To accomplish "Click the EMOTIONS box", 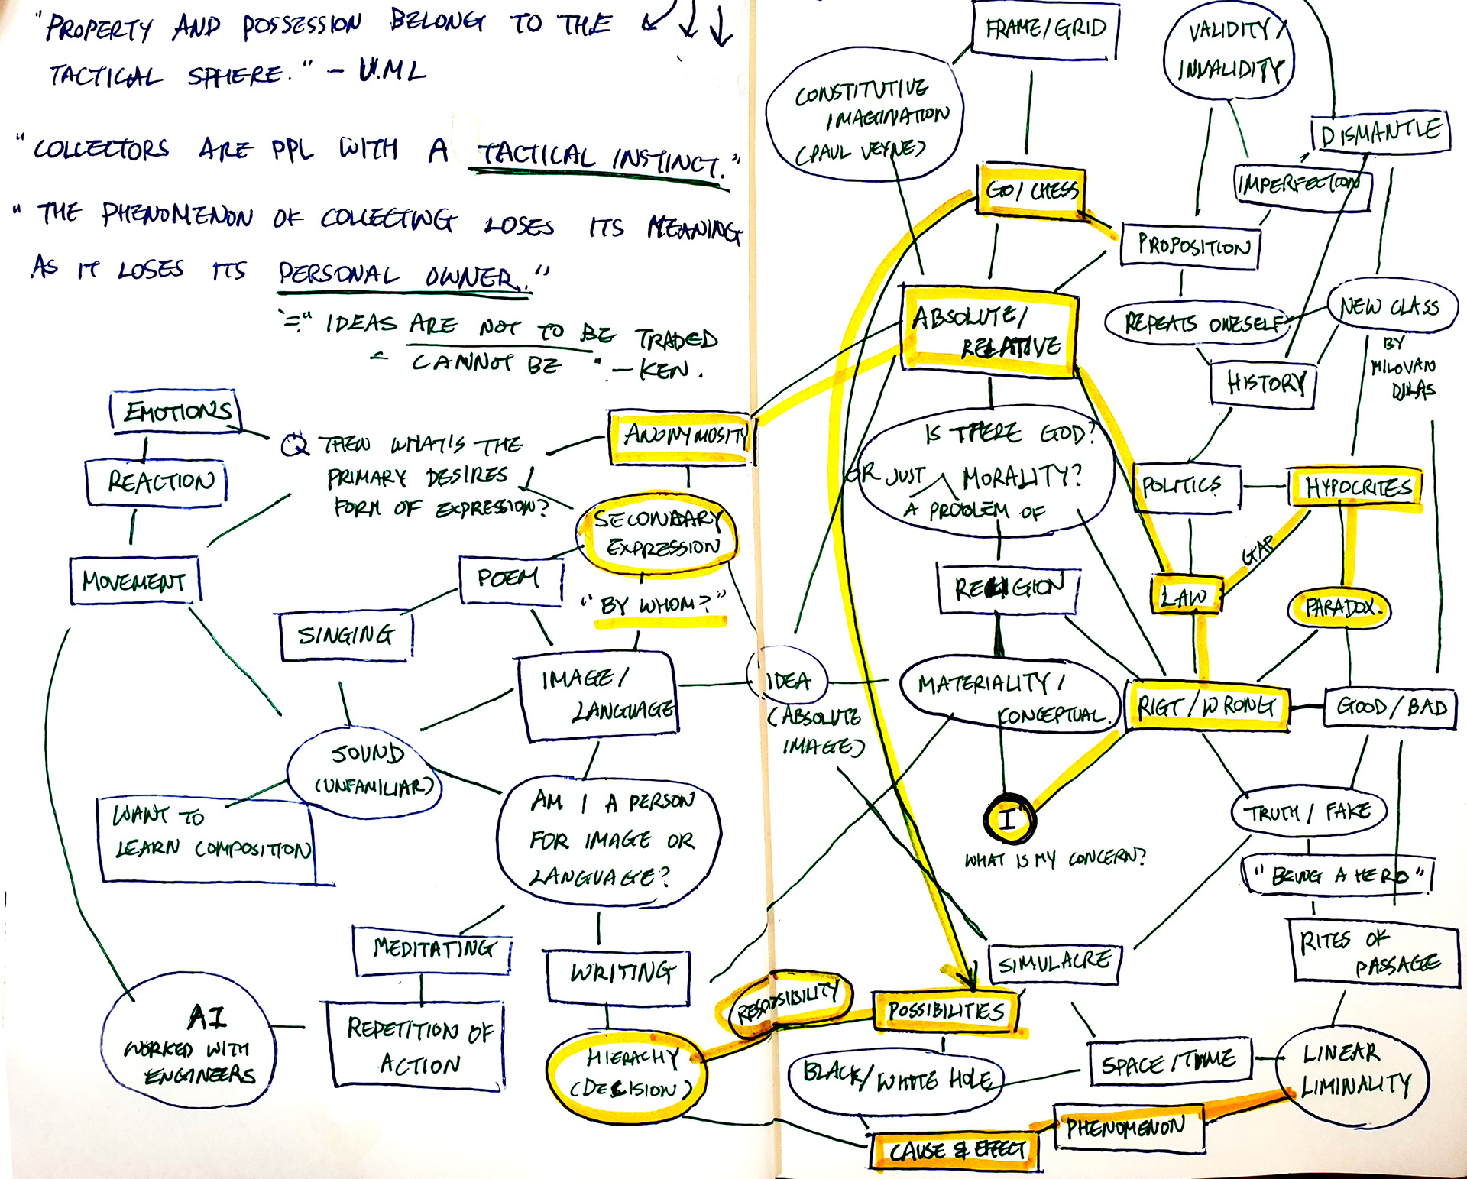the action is click(x=176, y=413).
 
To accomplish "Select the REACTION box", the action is click(x=157, y=482).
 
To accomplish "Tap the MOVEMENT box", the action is click(x=134, y=581).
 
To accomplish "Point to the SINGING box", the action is click(x=346, y=635).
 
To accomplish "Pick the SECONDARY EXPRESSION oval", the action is click(x=658, y=534).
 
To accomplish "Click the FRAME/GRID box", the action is click(x=1045, y=30).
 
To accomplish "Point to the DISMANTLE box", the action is click(x=1380, y=134).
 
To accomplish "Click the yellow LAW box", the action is click(x=1186, y=596).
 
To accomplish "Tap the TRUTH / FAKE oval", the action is click(x=1308, y=811).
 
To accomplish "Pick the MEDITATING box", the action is click(x=432, y=949).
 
